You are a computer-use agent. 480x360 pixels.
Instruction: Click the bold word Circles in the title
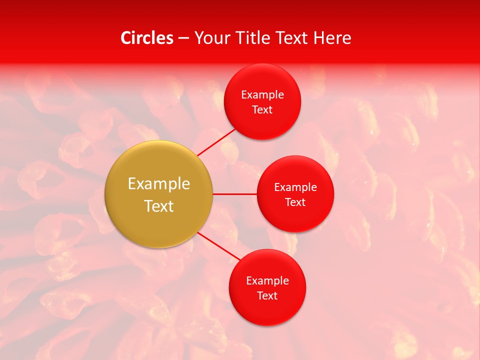[146, 38]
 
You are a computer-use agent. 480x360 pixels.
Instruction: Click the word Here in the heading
[332, 38]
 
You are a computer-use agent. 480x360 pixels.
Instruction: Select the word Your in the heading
[213, 38]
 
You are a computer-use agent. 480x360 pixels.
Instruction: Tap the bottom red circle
[267, 310]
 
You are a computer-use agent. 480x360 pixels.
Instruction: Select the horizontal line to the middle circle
[235, 194]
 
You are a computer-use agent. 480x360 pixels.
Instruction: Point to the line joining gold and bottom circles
[218, 246]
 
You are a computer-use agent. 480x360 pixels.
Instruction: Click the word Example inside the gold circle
[159, 183]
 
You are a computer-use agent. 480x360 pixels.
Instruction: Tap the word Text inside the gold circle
[159, 206]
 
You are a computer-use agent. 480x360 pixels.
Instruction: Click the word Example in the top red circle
[262, 94]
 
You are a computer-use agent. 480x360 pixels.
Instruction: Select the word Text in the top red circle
[262, 109]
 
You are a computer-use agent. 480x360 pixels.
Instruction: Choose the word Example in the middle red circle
[295, 187]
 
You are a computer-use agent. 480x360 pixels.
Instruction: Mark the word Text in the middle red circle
[295, 202]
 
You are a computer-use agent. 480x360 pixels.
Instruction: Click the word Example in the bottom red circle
[267, 280]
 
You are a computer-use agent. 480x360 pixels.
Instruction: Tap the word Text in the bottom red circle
[267, 295]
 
